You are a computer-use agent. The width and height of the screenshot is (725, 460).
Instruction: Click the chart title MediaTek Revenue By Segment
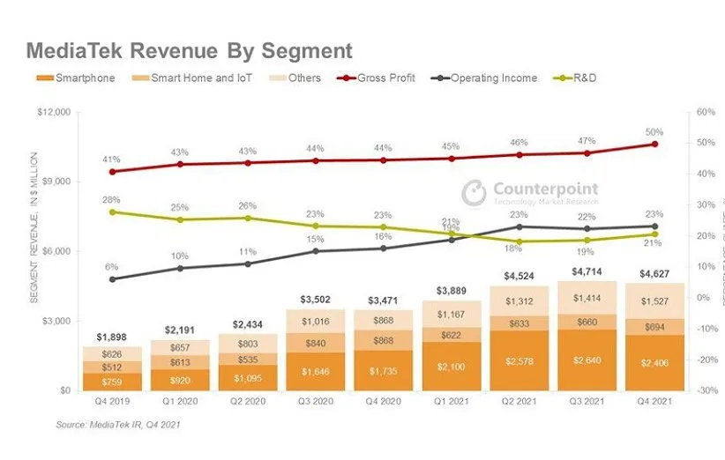(189, 50)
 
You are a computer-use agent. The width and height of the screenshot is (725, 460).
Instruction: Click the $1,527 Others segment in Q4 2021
(654, 300)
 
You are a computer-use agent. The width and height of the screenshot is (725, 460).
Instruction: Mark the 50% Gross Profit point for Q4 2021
(654, 144)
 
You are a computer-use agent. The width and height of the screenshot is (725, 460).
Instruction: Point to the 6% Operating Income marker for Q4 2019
(112, 279)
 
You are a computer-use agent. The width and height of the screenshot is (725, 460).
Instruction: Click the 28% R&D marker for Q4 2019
(112, 211)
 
